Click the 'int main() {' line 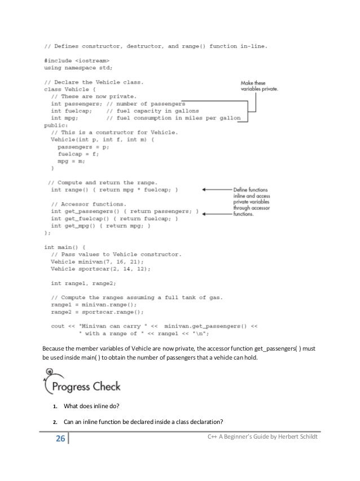pyautogui.click(x=65, y=247)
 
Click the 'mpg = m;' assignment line pyautogui.click(x=71, y=160)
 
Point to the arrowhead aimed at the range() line pyautogui.click(x=205, y=190)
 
